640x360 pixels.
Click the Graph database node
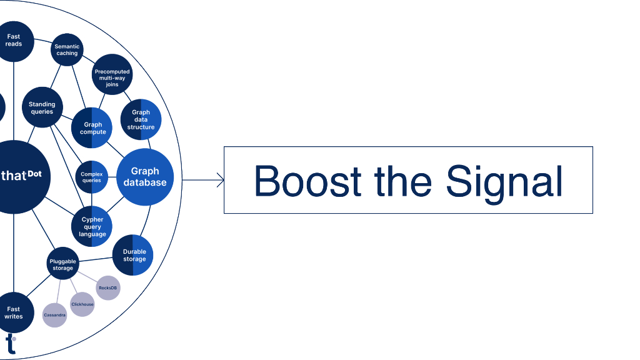point(145,177)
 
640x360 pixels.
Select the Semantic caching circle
point(66,50)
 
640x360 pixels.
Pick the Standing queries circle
point(42,107)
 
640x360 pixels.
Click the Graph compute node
point(92,128)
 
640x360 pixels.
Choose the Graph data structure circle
point(141,119)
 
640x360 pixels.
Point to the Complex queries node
point(92,177)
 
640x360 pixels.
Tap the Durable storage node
point(134,256)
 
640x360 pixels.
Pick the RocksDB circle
point(108,287)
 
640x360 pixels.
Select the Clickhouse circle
point(82,304)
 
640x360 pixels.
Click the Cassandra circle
point(54,315)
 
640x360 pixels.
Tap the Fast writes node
point(14,312)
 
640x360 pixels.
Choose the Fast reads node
point(14,41)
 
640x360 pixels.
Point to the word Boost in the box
point(307,181)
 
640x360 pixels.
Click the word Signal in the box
point(504,181)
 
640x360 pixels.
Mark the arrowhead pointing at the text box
point(220,181)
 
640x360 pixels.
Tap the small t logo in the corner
point(11,344)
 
